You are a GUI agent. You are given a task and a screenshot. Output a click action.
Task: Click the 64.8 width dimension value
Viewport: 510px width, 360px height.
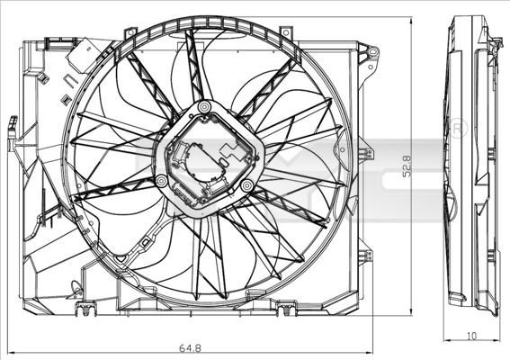pyautogui.click(x=189, y=346)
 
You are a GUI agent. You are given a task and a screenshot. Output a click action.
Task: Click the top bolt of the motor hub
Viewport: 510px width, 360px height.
pyautogui.click(x=205, y=108)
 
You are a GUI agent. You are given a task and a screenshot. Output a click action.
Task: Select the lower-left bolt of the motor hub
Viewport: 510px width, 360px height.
pyautogui.click(x=161, y=182)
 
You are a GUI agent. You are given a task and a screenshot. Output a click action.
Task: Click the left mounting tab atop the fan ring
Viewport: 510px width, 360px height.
pyautogui.click(x=131, y=33)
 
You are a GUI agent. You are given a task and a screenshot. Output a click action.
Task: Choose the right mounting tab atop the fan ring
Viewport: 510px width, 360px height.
pyautogui.click(x=286, y=33)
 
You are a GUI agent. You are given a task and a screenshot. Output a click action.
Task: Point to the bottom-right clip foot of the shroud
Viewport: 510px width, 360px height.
pyautogui.click(x=287, y=310)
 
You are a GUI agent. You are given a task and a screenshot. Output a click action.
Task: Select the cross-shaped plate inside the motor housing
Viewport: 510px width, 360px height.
pyautogui.click(x=209, y=157)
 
